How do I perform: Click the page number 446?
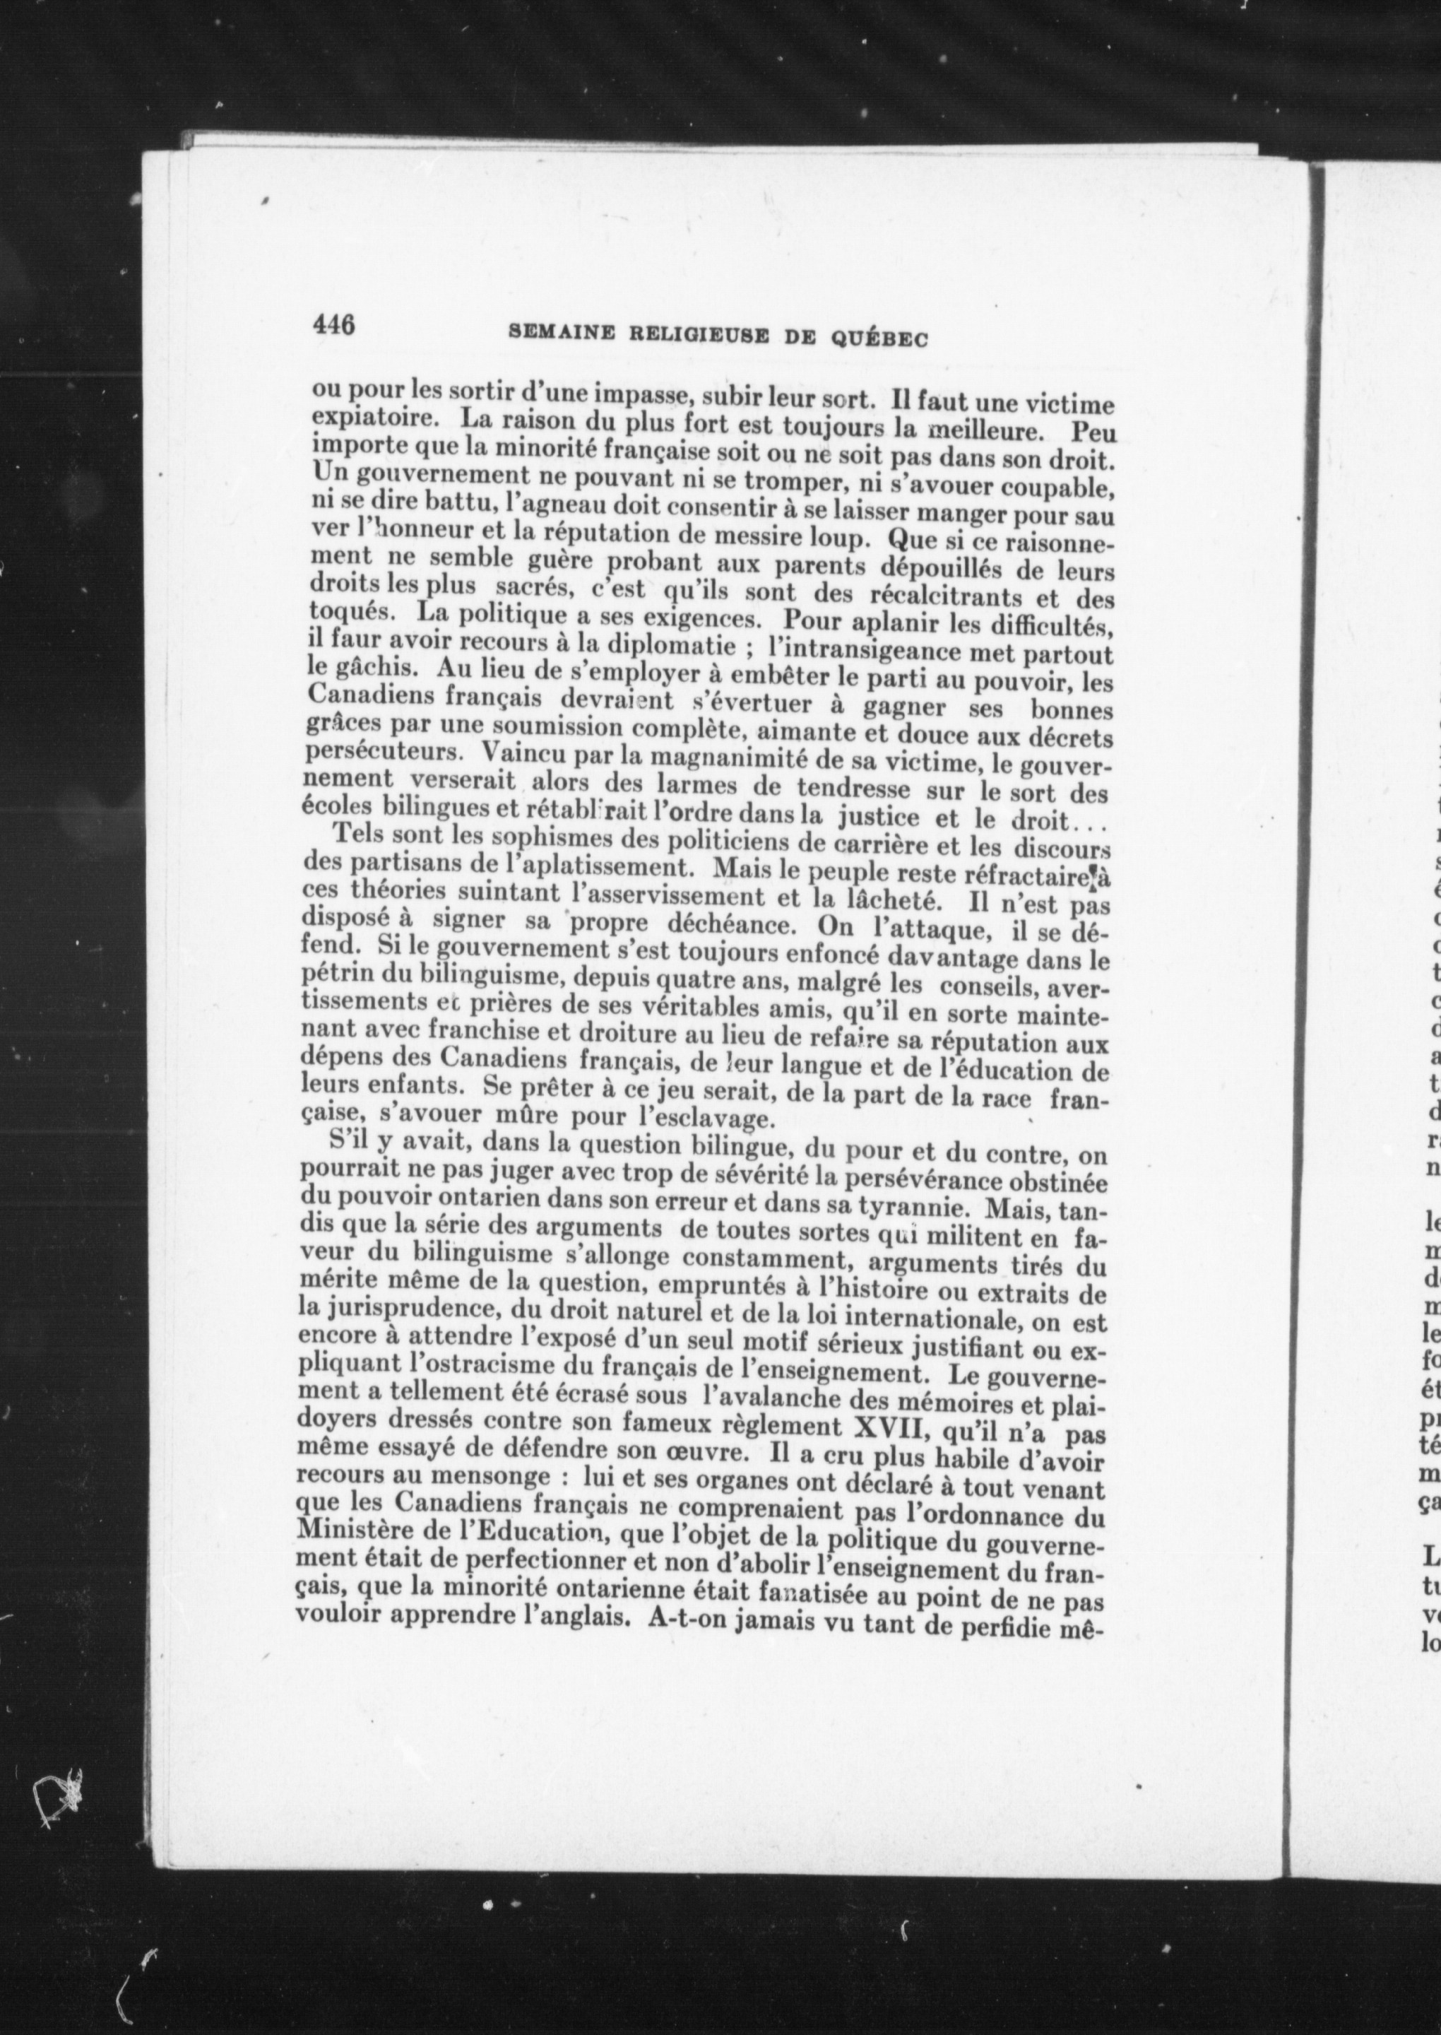point(333,325)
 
